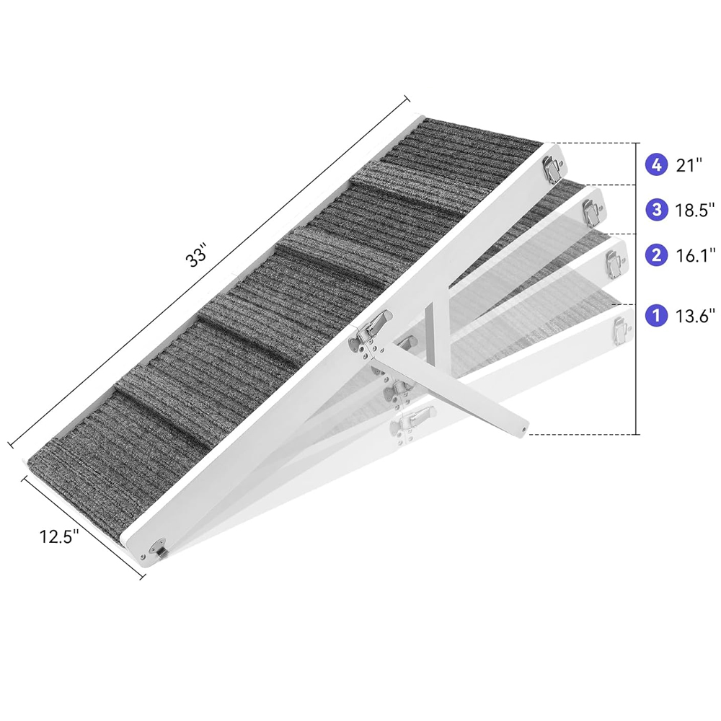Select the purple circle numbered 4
click(657, 164)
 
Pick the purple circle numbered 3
click(657, 210)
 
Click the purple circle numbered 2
click(657, 255)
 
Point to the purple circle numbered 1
click(657, 316)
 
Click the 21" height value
click(689, 165)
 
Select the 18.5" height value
click(695, 210)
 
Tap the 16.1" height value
click(695, 255)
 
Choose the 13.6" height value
click(695, 316)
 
